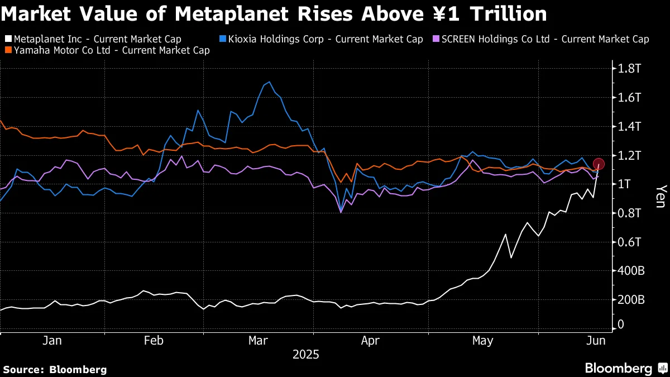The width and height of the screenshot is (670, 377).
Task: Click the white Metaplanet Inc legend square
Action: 7,40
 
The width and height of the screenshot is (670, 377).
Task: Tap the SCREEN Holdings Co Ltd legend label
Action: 545,40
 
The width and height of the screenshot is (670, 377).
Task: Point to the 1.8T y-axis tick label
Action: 629,69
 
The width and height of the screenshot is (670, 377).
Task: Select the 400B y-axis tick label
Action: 630,271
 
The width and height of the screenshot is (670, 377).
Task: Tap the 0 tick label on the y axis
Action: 621,324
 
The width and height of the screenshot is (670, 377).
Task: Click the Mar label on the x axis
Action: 258,341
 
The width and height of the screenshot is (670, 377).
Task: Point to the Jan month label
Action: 52,341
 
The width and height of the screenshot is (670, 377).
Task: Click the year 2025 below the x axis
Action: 305,355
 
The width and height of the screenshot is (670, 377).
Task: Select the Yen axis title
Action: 660,196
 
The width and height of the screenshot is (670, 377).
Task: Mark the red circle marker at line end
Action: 599,164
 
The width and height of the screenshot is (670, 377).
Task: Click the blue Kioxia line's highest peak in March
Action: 270,82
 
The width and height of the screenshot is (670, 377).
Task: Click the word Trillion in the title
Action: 508,14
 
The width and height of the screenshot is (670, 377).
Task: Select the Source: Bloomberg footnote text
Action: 55,369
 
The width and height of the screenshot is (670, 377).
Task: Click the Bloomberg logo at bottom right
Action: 625,369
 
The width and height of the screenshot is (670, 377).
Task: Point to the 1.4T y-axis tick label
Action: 629,127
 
